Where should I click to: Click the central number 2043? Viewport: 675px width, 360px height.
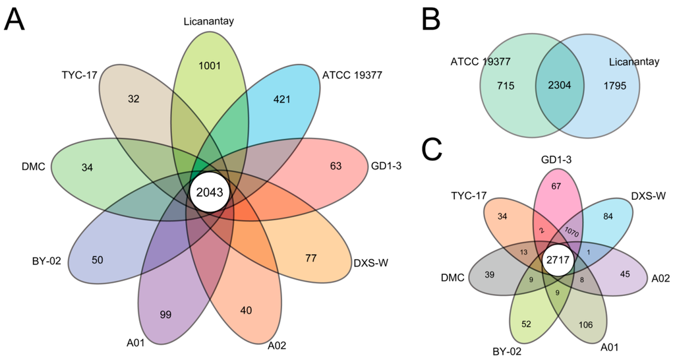point(210,192)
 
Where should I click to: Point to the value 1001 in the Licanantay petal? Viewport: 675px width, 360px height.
point(210,65)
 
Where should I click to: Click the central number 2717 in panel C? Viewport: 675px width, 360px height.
point(558,261)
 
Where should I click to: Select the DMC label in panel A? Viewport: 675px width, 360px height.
point(32,166)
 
